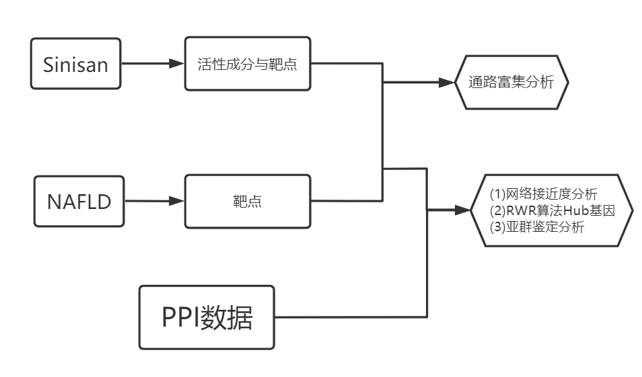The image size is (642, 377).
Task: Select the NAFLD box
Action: [x=79, y=201]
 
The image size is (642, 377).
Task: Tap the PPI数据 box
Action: [x=207, y=317]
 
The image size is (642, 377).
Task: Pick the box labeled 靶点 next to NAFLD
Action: [x=248, y=201]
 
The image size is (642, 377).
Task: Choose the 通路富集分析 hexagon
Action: [x=511, y=83]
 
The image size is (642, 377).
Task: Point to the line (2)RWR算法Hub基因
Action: [x=552, y=210]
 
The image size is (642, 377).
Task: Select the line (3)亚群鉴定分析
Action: [x=536, y=226]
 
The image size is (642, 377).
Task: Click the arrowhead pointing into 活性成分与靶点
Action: [x=177, y=65]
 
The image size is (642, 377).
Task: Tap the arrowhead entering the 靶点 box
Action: [x=177, y=200]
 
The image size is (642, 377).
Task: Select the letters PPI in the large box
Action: [x=180, y=317]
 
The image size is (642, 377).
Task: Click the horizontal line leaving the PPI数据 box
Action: [x=350, y=317]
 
